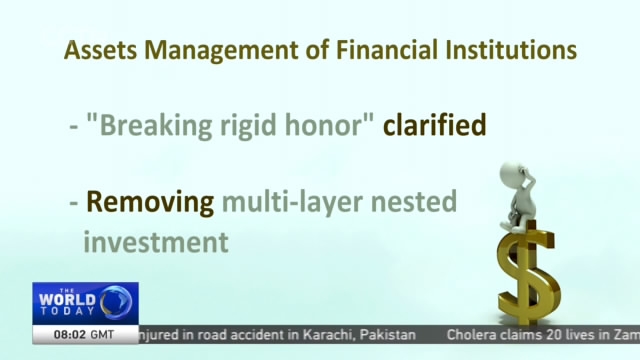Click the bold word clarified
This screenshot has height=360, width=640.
click(x=435, y=127)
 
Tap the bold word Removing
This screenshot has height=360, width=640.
click(x=150, y=203)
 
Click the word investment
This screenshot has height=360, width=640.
click(x=155, y=242)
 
